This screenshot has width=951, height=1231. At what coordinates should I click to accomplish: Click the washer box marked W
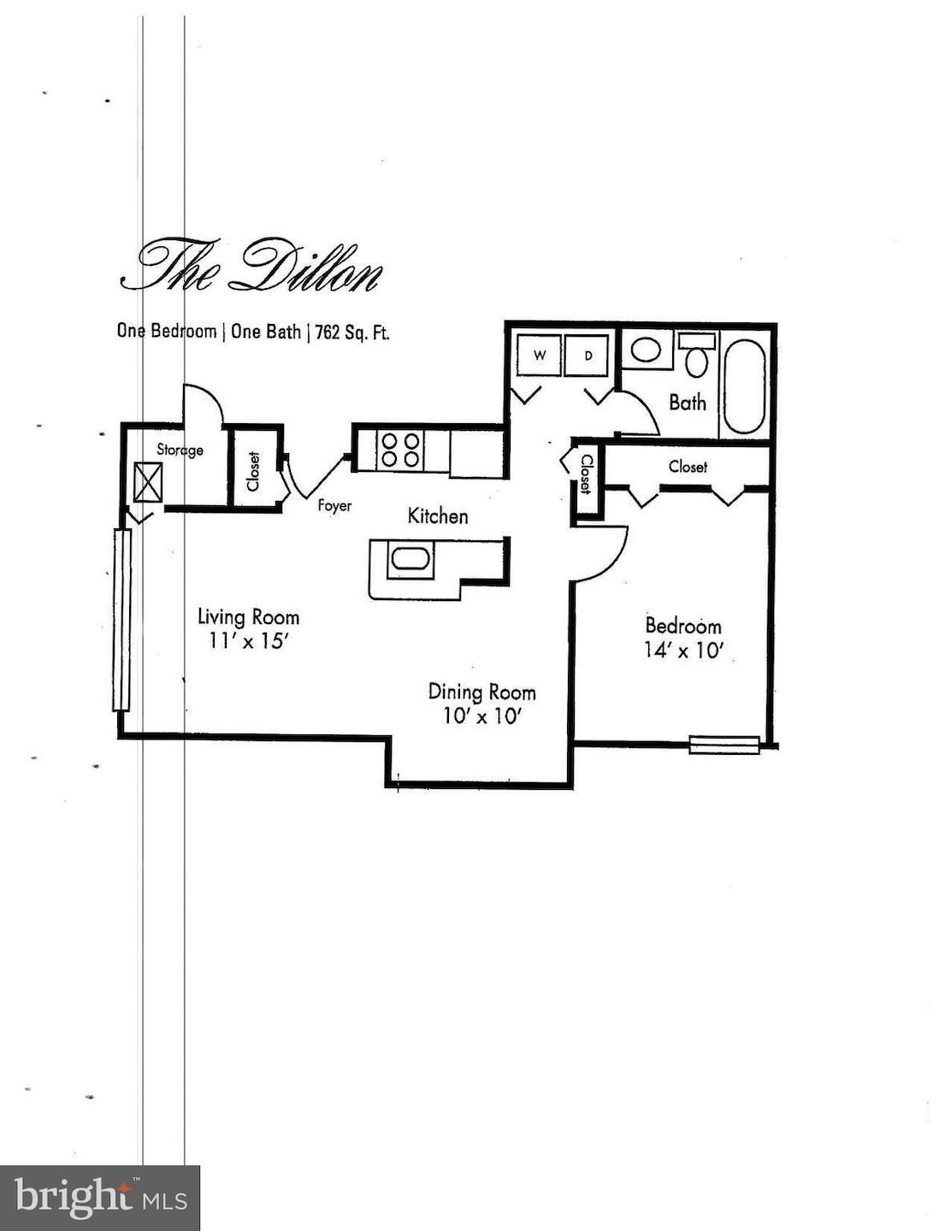pos(540,356)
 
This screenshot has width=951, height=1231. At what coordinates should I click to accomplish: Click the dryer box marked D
pos(588,356)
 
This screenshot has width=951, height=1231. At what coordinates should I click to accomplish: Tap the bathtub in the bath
pos(744,387)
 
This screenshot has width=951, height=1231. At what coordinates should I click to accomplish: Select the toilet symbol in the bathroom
pos(698,356)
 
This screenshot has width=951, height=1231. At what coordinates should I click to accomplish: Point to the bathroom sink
pos(646,350)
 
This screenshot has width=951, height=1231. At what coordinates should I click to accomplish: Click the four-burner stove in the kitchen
pos(401,451)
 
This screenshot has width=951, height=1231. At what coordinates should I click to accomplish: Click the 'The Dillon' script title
pos(251,268)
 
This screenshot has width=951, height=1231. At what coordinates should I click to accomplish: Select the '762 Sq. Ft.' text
pos(352,333)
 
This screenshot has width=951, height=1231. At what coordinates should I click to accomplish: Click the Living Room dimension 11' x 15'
pos(247,640)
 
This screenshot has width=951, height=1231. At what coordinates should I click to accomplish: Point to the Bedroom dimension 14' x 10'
pos(683,650)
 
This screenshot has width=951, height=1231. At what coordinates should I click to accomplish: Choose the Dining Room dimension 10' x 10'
pos(481,716)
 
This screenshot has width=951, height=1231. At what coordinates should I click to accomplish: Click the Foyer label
pos(334,505)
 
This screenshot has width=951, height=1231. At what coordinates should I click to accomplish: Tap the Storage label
pos(180,450)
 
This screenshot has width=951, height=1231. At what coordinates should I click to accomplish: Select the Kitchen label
pos(437,515)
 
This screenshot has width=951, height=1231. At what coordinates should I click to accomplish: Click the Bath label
pos(688,402)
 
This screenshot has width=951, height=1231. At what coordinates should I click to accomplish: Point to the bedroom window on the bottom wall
pos(724,745)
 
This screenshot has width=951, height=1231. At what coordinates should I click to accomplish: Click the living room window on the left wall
pos(122,620)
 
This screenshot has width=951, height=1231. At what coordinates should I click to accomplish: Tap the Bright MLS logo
pos(100,1197)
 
